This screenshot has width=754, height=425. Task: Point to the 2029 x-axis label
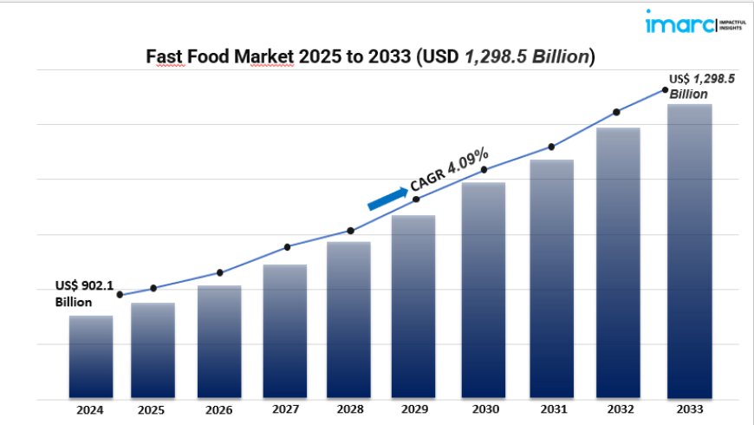click(x=413, y=409)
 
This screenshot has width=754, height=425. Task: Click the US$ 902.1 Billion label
click(x=85, y=293)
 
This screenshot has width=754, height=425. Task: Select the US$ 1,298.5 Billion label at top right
click(x=701, y=86)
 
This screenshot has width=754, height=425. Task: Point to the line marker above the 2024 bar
click(x=120, y=295)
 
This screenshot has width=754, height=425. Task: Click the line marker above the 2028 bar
click(x=350, y=231)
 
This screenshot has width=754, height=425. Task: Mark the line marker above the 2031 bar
click(x=551, y=147)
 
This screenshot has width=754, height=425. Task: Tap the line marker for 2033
click(x=665, y=89)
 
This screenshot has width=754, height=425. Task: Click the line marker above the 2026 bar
click(x=220, y=272)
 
